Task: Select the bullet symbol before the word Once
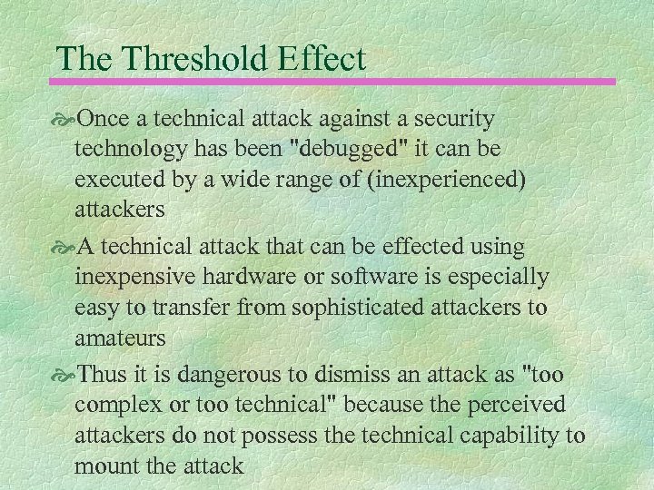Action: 66,120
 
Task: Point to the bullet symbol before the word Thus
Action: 66,375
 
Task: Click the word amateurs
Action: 120,338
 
